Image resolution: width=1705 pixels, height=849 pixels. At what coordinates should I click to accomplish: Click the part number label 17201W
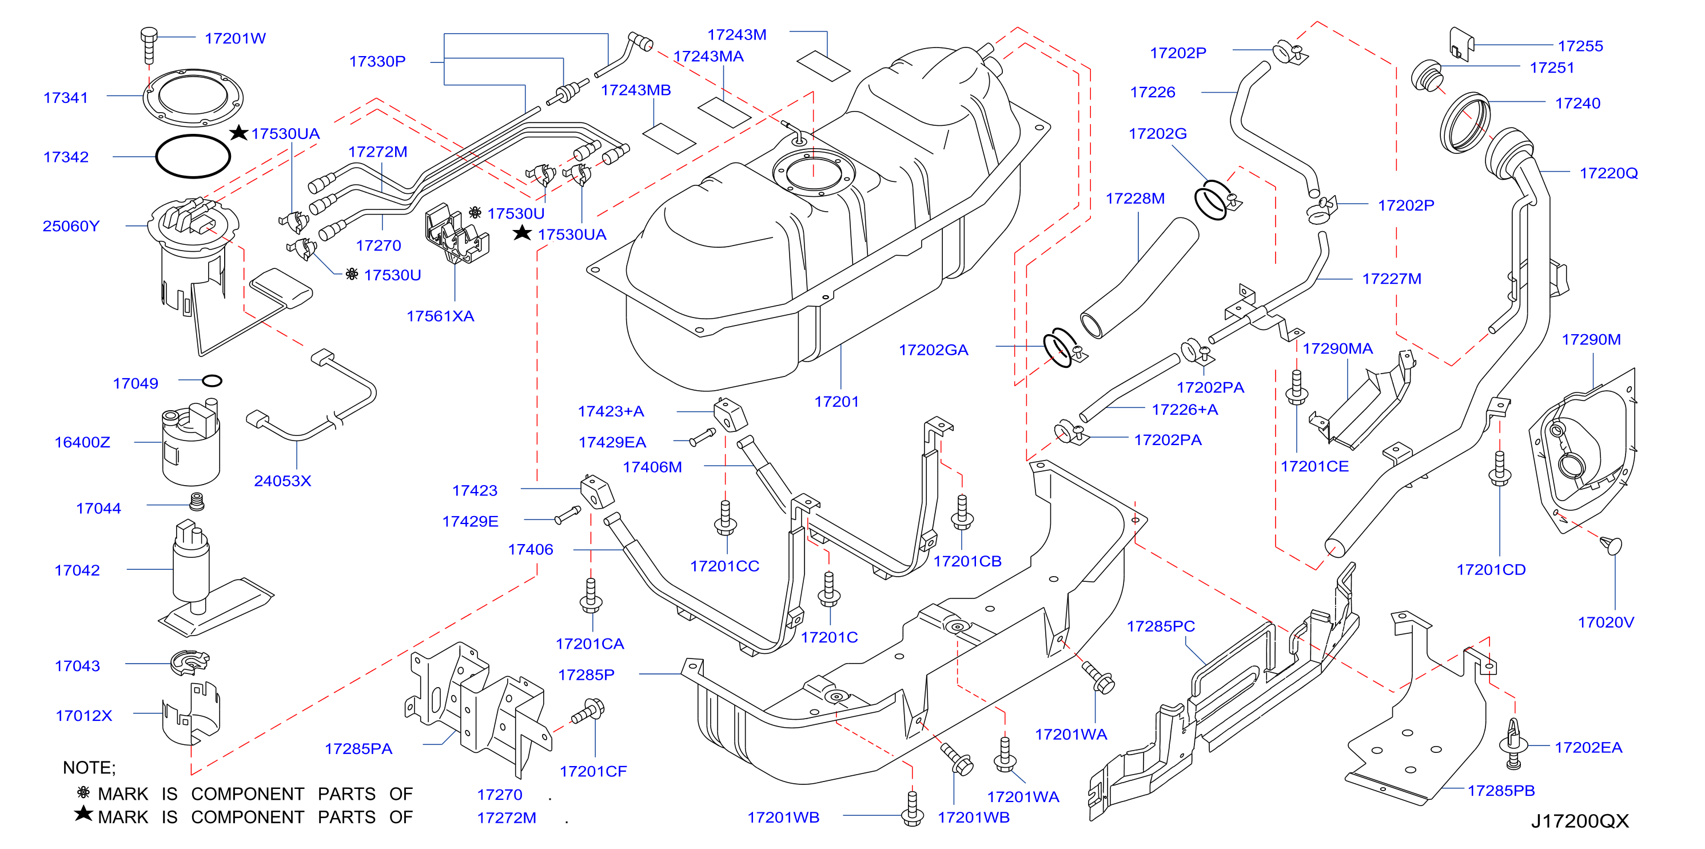tap(235, 38)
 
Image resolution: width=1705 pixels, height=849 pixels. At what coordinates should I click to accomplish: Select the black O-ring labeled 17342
tap(193, 156)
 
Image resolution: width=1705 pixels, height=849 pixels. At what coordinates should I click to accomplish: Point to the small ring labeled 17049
tap(212, 381)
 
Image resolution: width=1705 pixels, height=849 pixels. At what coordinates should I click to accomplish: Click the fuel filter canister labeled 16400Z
tap(190, 443)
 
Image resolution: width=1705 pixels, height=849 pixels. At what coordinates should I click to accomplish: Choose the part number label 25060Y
tap(71, 227)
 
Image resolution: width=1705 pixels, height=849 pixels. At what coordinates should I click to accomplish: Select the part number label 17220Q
tap(1608, 173)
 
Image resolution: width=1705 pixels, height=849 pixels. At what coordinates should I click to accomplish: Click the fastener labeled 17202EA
tap(1513, 744)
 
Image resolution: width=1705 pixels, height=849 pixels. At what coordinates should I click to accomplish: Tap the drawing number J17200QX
tap(1579, 821)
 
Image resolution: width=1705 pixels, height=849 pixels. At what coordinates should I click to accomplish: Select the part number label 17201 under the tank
tap(836, 402)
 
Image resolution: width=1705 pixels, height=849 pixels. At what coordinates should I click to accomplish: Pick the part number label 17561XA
tap(440, 316)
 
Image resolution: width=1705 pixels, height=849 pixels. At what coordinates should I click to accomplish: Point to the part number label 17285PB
tap(1500, 791)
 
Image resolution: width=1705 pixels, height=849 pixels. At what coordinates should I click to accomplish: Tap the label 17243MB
tap(635, 90)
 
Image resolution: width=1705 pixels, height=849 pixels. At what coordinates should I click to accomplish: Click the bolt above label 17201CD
tap(1500, 470)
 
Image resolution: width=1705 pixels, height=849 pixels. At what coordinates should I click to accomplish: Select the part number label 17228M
tap(1135, 199)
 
